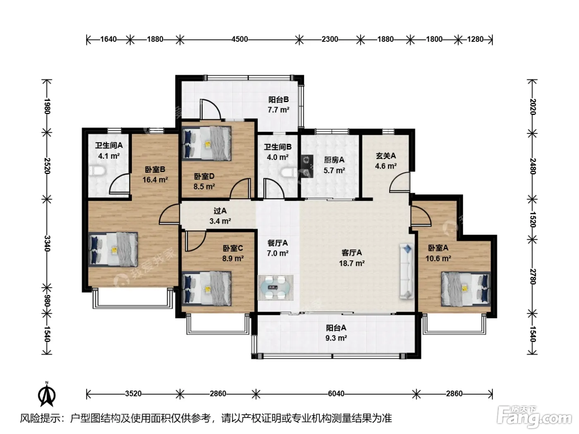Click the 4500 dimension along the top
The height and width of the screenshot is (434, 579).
point(239,39)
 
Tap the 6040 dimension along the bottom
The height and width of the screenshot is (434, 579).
point(336,393)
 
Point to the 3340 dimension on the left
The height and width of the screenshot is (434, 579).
point(47,243)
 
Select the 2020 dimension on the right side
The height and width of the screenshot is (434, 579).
point(532,107)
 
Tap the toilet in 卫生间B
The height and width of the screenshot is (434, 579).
point(289,173)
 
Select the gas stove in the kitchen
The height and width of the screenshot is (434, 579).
point(307,166)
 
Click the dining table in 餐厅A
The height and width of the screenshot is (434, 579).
point(275,288)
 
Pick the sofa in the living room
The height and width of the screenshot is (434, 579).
point(407,271)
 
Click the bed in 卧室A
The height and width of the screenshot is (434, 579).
point(466,289)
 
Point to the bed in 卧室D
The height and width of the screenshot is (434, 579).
point(206,143)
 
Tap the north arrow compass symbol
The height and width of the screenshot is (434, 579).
point(47,394)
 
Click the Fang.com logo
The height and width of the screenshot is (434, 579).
point(534,417)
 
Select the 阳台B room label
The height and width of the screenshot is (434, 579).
point(279,100)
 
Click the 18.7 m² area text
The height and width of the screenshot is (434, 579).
point(352,263)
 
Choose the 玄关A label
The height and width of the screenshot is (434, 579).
point(385,156)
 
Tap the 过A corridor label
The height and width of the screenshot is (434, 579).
point(220,210)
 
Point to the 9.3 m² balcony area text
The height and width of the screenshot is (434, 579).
point(336,338)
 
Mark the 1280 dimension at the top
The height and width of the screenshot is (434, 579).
point(475,39)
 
